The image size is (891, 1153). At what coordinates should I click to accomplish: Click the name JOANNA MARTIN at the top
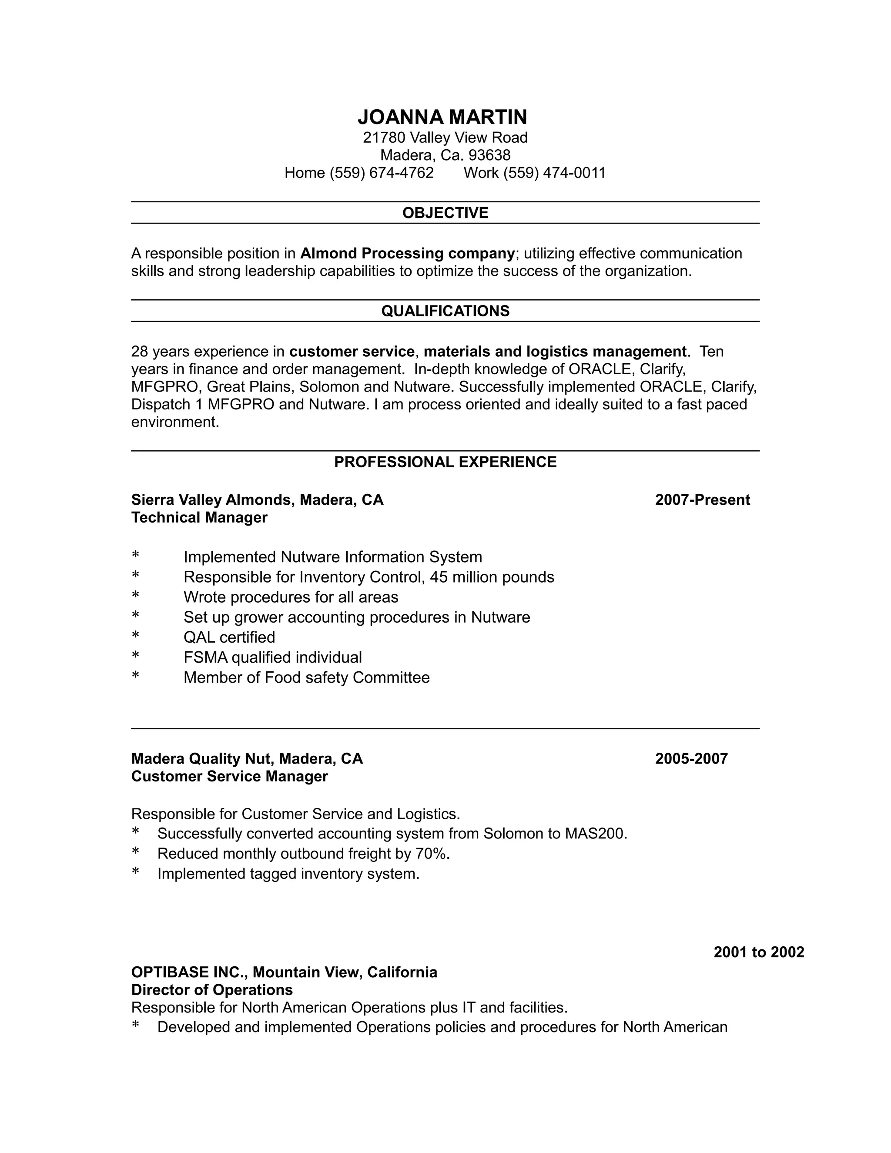pos(442,117)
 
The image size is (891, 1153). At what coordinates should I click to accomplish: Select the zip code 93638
pos(489,155)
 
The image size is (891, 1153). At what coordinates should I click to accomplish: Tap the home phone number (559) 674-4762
pos(381,173)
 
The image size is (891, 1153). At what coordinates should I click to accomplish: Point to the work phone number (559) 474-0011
pos(554,173)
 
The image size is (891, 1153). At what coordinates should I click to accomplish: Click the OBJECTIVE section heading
pos(445,213)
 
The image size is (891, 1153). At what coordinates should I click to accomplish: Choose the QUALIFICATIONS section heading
pos(445,311)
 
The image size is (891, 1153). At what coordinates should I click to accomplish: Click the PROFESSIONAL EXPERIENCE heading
pos(445,462)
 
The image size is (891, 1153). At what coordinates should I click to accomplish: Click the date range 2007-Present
pos(702,500)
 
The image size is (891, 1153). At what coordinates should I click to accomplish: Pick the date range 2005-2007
pos(691,759)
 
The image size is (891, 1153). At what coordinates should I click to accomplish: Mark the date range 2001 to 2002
pos(758,952)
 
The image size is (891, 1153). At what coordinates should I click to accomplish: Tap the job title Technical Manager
pos(199,517)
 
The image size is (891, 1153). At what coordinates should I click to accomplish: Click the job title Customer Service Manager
pos(229,776)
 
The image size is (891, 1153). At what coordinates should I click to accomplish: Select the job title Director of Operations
pos(212,989)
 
